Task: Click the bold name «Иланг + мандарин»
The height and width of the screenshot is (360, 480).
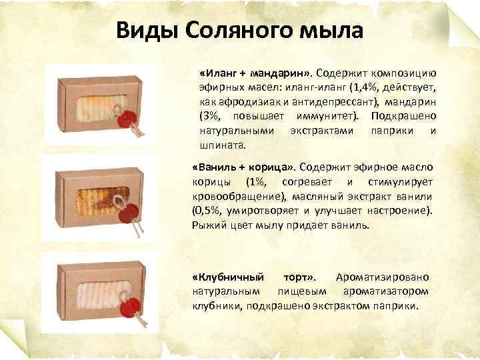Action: click(x=256, y=72)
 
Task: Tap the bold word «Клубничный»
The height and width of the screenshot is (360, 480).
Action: click(x=228, y=277)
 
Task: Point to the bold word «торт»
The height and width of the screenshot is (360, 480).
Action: click(x=301, y=277)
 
